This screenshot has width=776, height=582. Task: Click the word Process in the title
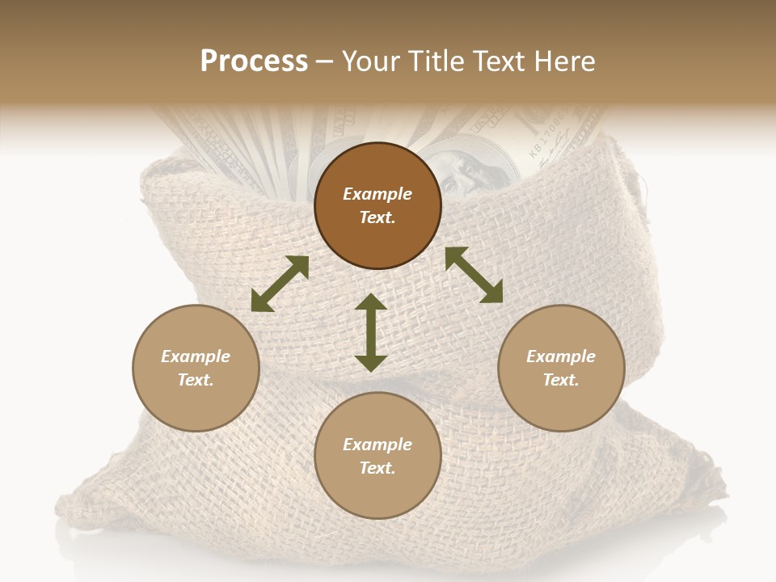point(254,61)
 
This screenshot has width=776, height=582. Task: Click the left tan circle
point(196,368)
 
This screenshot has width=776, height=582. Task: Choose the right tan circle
point(561,368)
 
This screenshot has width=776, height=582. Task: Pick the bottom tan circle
point(377,456)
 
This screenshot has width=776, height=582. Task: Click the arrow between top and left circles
point(280,284)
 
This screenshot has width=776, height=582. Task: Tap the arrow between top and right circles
point(474,275)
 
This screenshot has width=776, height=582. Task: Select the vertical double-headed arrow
point(371,332)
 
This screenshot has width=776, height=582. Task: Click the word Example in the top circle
point(377,194)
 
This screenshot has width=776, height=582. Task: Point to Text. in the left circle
point(196,380)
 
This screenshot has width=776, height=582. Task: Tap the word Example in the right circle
point(561,356)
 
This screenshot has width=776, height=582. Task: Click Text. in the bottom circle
point(377,468)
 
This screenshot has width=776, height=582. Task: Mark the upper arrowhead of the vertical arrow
point(371,302)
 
